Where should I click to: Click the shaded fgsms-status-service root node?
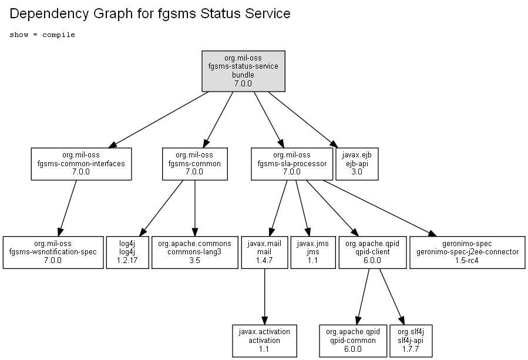[243, 71]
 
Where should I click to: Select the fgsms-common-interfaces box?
[81, 164]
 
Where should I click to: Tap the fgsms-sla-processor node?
[292, 164]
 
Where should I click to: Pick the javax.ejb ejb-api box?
[357, 164]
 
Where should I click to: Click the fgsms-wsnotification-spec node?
[53, 253]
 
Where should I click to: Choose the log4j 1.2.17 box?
[127, 253]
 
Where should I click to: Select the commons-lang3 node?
[194, 253]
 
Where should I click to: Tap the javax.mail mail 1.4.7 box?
[264, 253]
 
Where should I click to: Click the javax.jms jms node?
[313, 253]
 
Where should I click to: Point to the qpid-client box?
[372, 253]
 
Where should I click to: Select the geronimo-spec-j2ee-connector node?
[467, 253]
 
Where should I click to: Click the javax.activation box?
[264, 341]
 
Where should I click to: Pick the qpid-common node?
[353, 341]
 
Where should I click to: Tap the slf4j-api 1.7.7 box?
[411, 341]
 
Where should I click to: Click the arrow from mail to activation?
[265, 297]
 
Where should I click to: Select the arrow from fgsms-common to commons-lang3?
[194, 208]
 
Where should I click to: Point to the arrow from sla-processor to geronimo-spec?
[380, 208]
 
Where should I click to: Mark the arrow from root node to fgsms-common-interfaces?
[158, 120]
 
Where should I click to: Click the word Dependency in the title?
[49, 14]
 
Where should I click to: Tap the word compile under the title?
[59, 35]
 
